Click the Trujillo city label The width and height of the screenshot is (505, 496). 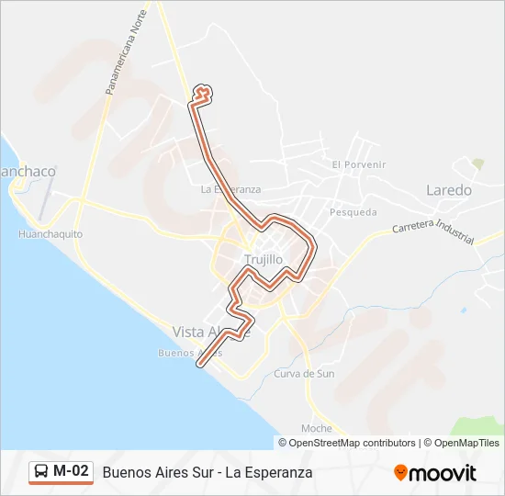[264, 260]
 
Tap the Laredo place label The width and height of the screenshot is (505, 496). [448, 191]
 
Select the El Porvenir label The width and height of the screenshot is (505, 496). [359, 164]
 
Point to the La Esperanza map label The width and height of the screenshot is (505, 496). [230, 189]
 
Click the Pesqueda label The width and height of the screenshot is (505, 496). [353, 212]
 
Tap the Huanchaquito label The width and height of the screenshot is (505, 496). [50, 234]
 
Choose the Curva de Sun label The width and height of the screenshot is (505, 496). [304, 374]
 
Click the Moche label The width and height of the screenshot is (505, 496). [316, 429]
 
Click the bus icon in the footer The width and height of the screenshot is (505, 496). [41, 471]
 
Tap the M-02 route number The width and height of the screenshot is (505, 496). [72, 471]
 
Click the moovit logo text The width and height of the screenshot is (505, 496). [443, 472]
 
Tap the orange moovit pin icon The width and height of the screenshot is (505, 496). [400, 473]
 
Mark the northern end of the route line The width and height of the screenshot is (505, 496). [204, 89]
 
